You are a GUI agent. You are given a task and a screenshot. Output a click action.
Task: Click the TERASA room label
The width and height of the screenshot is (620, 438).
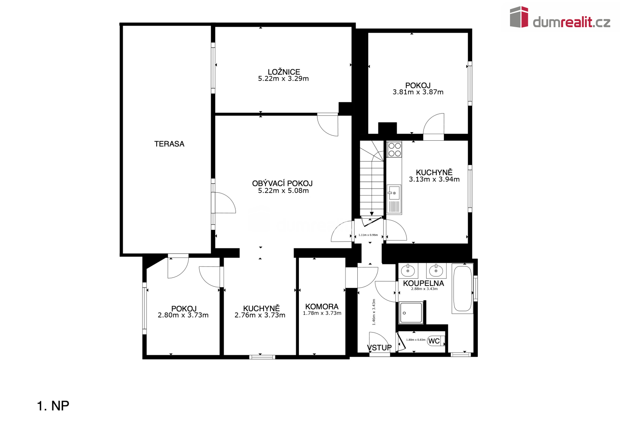pos(169,144)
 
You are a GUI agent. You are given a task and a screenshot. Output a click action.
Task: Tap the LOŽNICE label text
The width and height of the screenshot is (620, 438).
pos(284,72)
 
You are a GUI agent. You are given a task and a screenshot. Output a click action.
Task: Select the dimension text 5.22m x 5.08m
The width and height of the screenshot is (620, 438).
pos(283,191)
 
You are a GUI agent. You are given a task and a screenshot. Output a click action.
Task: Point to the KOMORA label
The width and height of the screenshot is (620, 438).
pos(322,306)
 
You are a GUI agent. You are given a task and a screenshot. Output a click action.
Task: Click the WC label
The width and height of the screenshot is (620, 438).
pos(434,341)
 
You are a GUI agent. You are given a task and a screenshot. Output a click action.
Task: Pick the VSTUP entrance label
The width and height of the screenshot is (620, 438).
pos(379,348)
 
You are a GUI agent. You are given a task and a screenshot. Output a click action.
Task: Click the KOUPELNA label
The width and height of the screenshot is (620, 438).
pos(423,283)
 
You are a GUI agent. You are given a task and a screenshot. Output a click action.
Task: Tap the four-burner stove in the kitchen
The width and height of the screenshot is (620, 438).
pos(394,149)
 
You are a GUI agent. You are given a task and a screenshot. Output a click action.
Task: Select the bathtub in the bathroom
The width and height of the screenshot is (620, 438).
pos(462,288)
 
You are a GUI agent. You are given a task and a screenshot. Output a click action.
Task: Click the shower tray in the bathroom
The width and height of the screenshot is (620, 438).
pos(411,312)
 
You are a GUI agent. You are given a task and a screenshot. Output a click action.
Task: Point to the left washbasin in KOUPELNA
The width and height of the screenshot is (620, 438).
pos(408,271)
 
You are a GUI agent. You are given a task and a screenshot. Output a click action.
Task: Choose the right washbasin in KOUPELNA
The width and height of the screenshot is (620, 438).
pos(436,271)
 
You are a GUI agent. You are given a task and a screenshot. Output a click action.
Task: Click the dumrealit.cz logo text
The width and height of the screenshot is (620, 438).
pos(572,22)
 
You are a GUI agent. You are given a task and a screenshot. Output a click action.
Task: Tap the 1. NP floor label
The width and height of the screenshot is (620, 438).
pos(53,406)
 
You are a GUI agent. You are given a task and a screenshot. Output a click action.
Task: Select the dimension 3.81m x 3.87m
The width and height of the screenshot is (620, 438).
pos(418,92)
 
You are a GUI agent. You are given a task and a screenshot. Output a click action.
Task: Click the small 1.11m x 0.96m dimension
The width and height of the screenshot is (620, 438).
pos(368,235)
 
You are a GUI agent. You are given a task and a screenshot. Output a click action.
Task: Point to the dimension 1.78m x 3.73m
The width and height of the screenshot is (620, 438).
pos(322,313)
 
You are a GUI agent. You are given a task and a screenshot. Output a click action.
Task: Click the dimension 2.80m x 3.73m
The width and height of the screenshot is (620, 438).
pos(183,315)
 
